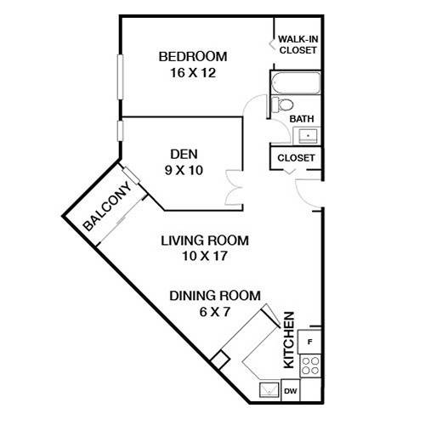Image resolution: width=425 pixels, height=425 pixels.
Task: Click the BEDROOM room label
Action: (193, 57)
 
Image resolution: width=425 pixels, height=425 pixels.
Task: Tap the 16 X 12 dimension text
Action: (193, 72)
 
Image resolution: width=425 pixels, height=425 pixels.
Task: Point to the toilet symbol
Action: (278, 105)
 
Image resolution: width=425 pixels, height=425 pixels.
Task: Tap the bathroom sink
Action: (307, 135)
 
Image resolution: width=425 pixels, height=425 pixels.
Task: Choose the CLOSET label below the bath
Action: (297, 158)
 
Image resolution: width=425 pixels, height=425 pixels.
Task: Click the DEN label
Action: (184, 154)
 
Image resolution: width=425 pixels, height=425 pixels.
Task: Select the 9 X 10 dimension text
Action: (184, 169)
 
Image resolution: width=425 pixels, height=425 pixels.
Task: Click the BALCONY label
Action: (106, 209)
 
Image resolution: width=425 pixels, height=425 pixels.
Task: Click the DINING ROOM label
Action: (214, 295)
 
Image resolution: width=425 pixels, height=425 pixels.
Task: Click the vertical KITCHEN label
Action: (289, 340)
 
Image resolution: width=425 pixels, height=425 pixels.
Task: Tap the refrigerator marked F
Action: (310, 342)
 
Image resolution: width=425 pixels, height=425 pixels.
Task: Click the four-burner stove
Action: (311, 365)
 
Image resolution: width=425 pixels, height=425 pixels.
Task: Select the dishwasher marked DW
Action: (289, 390)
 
